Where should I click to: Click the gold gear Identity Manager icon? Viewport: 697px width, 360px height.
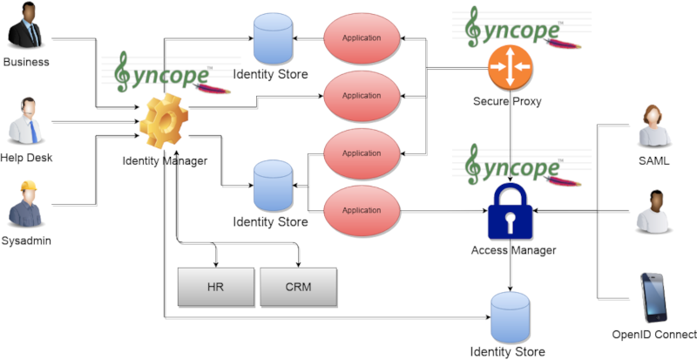click(164, 120)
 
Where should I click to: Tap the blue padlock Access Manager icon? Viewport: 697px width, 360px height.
click(510, 212)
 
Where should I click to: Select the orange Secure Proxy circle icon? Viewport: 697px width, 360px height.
click(510, 67)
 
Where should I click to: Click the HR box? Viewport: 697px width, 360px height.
click(216, 287)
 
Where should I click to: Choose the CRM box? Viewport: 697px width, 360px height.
click(298, 287)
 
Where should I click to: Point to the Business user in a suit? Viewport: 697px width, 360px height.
click(25, 25)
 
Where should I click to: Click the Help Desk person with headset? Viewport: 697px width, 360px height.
click(26, 120)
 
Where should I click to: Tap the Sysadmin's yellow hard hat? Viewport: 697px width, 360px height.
click(28, 186)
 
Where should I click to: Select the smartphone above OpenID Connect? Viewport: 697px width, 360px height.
click(653, 298)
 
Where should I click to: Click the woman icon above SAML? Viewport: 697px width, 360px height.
click(654, 126)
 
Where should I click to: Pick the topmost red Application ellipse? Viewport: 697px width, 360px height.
click(362, 38)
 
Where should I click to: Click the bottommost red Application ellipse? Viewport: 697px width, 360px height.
click(362, 210)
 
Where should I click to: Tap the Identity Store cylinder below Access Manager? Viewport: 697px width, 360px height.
click(510, 317)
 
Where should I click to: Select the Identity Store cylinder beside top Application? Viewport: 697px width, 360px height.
click(273, 38)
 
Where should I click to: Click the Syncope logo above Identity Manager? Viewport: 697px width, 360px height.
click(171, 73)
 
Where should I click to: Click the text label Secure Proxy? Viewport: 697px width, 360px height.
click(507, 101)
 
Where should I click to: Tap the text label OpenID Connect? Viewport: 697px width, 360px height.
click(654, 335)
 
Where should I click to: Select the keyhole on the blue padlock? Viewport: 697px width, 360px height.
click(510, 221)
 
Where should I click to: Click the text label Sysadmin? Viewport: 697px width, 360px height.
click(26, 241)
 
